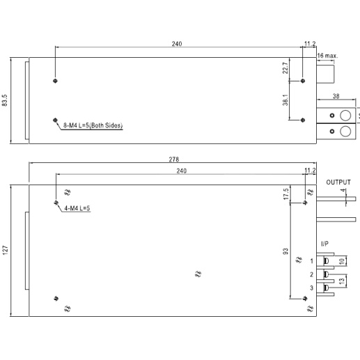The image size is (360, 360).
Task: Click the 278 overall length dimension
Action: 174,159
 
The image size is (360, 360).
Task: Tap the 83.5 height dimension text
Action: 5,100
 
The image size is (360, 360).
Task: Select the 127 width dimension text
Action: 5,251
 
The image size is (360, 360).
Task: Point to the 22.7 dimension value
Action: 285,68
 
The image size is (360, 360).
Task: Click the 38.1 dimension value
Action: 285,100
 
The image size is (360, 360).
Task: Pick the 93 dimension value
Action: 285,251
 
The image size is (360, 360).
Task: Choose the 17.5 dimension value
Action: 286,194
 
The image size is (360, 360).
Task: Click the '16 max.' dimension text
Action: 327,56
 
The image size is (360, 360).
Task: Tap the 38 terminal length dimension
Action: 336,96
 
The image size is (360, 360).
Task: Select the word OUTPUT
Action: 338,182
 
